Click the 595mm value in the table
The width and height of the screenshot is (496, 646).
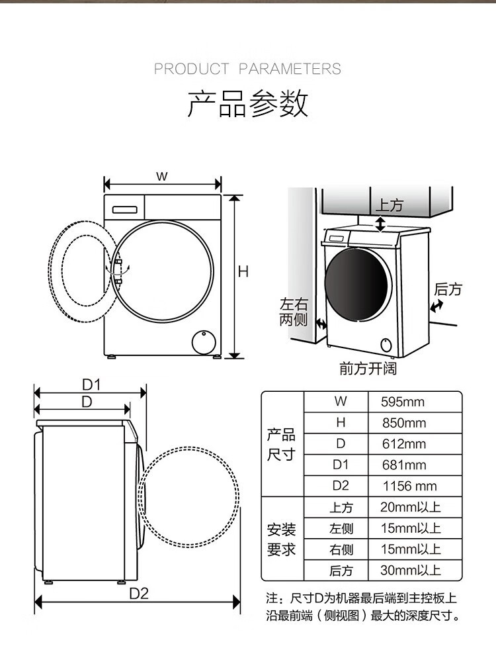(402, 402)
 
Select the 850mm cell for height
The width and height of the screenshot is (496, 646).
(404, 423)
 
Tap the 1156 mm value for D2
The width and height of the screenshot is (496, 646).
(409, 486)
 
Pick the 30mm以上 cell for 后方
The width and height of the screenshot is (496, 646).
(411, 570)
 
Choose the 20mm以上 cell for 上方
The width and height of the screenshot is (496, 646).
(411, 507)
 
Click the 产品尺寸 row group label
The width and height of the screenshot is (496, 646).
(281, 445)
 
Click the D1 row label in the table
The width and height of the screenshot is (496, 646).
(341, 465)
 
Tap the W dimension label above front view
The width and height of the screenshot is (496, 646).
(162, 176)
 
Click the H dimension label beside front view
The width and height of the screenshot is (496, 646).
(243, 271)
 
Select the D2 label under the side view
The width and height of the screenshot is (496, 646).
(139, 594)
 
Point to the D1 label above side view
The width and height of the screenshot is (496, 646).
(91, 385)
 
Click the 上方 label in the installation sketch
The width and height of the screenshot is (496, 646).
(389, 205)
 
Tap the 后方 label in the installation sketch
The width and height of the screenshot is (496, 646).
(448, 289)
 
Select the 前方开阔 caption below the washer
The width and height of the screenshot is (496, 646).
(368, 368)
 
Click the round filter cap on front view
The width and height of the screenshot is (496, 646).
(204, 342)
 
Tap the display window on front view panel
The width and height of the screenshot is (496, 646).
(125, 210)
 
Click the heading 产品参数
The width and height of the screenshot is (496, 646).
(248, 103)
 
